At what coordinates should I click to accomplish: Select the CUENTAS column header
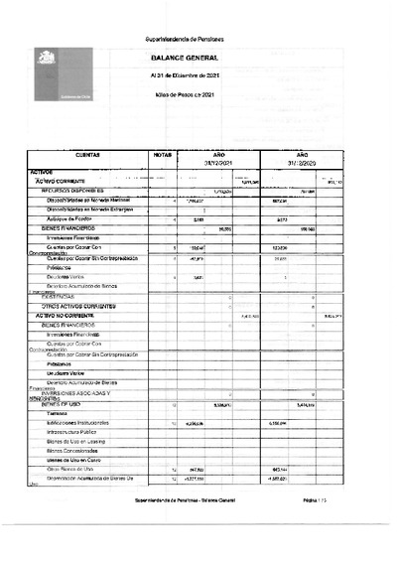pos(86,156)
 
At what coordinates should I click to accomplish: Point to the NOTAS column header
pos(163,156)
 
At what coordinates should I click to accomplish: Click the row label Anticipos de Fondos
pos(70,218)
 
